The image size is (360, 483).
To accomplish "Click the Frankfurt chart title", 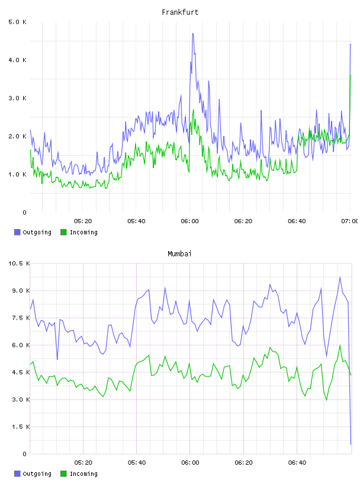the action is (x=180, y=12).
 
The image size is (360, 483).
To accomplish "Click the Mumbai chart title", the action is (x=179, y=254).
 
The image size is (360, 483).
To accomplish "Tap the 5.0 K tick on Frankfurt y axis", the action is (x=18, y=22).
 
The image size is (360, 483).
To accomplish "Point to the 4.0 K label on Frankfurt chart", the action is (x=18, y=60).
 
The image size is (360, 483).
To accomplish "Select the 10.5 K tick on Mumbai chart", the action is (x=19, y=263).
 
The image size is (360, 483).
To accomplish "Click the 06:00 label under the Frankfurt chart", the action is (x=190, y=221).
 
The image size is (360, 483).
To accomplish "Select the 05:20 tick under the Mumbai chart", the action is (x=83, y=463).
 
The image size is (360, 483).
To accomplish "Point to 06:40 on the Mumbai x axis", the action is (x=297, y=463).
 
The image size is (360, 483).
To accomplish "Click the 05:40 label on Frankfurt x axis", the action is (x=136, y=221).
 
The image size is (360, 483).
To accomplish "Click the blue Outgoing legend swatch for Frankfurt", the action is (x=17, y=232).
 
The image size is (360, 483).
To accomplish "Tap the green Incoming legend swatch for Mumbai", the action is (x=63, y=474).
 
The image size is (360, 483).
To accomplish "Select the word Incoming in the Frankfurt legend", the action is (x=83, y=233).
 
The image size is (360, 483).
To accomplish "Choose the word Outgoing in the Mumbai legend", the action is (x=37, y=474).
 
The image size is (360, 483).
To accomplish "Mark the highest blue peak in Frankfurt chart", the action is (x=192, y=34).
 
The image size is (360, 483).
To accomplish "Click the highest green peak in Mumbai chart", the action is (x=340, y=345).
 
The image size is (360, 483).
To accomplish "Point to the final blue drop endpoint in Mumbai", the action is (x=351, y=444).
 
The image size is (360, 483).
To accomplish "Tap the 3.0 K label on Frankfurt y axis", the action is (x=18, y=98).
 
